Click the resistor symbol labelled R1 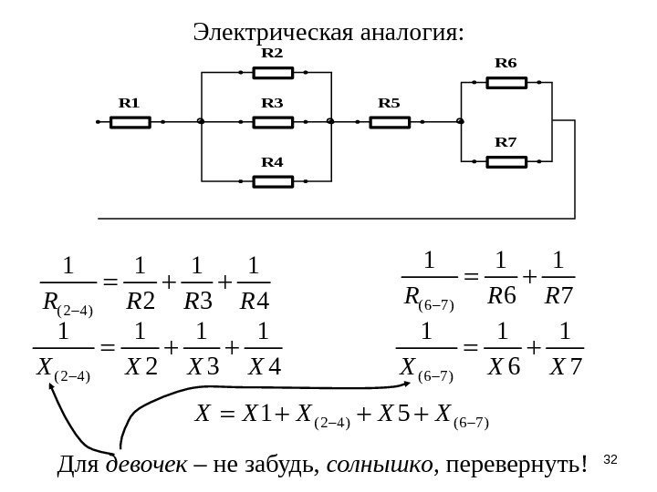129,120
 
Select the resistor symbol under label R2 271,70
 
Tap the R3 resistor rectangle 271,120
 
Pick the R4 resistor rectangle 271,180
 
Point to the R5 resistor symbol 389,120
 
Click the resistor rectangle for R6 506,83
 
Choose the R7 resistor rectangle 506,162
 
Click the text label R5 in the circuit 389,102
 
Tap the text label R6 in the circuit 506,64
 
